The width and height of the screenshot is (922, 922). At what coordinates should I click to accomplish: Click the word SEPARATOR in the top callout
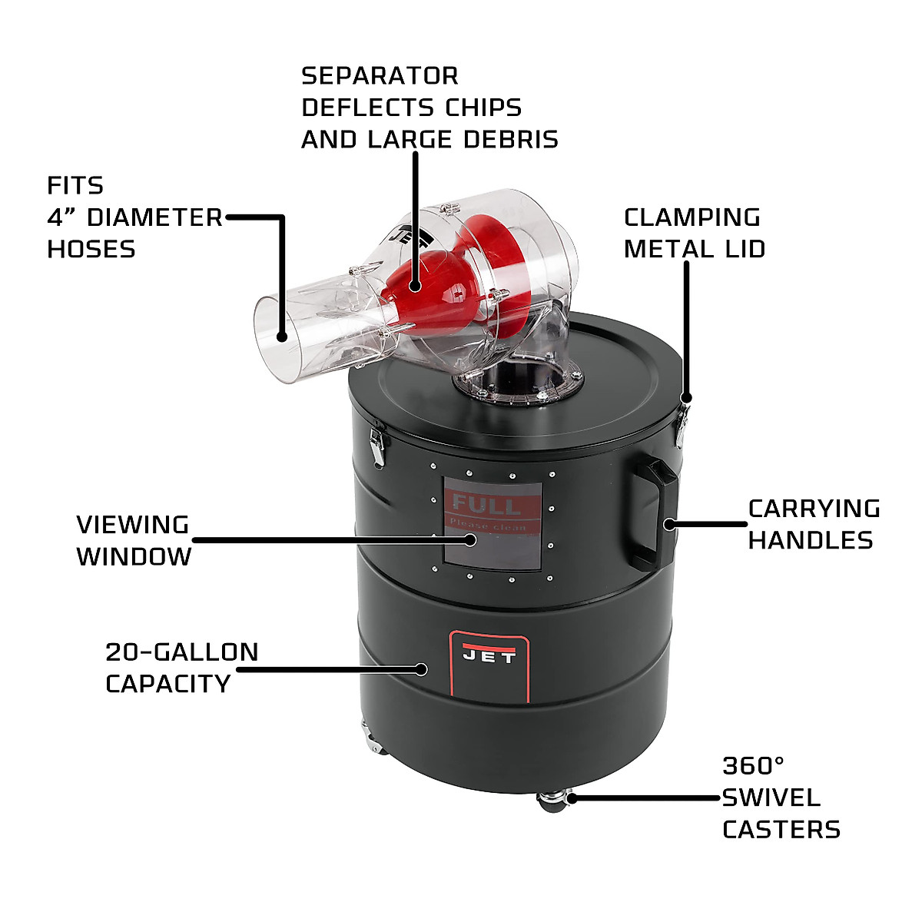[x=380, y=76]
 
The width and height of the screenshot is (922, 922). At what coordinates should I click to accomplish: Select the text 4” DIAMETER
[x=134, y=217]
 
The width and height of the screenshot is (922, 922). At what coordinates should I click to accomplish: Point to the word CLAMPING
[x=691, y=217]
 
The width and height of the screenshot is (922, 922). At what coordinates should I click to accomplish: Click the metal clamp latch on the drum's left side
[x=376, y=445]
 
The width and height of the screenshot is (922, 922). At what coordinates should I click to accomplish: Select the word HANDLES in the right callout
[x=811, y=540]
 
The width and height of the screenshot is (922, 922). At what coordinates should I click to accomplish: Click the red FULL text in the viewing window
[x=486, y=506]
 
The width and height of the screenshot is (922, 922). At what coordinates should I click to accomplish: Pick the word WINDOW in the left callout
[x=134, y=556]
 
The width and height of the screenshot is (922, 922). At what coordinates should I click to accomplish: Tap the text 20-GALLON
[x=181, y=652]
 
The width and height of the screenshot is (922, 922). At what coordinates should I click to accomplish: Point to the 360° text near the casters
[x=753, y=766]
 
